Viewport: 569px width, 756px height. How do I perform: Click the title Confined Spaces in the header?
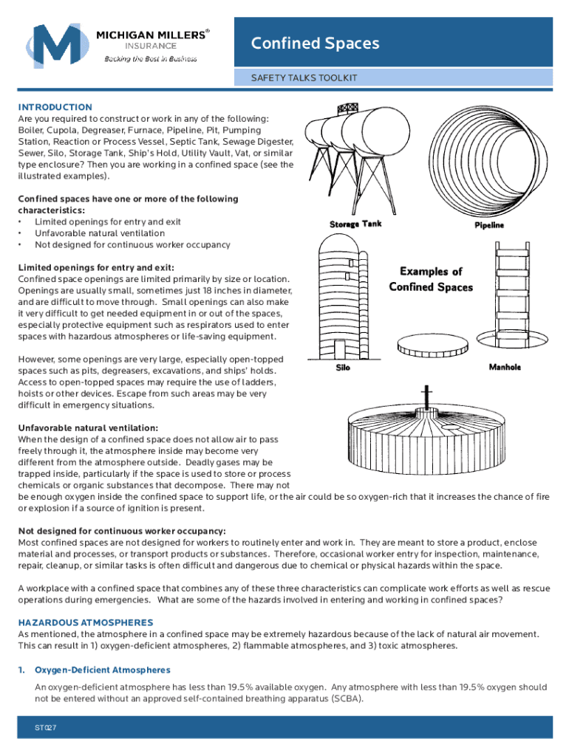tap(316, 44)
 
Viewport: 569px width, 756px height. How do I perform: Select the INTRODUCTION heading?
tap(55, 107)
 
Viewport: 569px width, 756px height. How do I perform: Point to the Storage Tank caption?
tap(355, 224)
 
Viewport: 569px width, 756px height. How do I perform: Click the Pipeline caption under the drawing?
tap(488, 225)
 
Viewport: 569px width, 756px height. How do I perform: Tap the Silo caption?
tap(343, 367)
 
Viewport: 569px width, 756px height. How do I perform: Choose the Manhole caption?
tap(505, 367)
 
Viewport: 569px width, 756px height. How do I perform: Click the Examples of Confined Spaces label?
tap(431, 279)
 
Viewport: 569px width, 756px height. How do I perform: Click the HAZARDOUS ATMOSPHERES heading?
tap(86, 622)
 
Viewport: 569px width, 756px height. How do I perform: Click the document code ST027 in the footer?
tap(46, 728)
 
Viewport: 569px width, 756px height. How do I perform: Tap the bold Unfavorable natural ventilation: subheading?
tap(88, 427)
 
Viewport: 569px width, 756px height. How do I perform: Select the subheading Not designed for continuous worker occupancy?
tap(122, 531)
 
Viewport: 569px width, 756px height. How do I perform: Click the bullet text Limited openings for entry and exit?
tap(107, 221)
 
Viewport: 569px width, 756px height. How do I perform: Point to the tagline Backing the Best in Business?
tap(150, 58)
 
